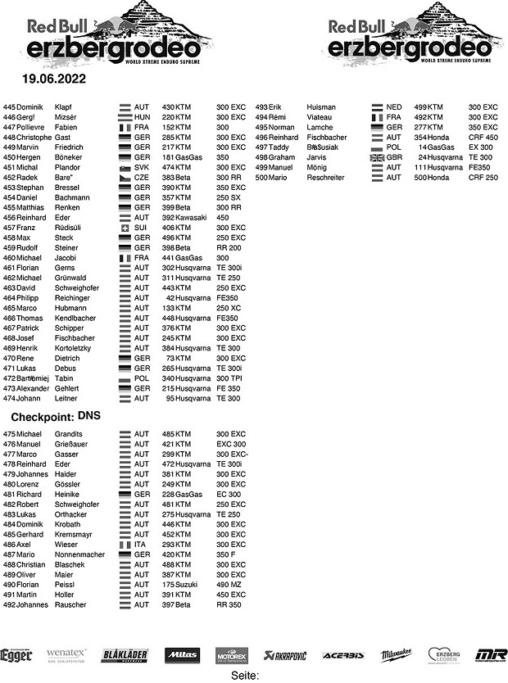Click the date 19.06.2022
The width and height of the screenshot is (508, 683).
54,80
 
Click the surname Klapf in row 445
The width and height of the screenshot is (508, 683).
64,107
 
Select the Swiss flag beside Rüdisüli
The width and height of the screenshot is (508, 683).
125,228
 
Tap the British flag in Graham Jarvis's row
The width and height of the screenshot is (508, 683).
377,157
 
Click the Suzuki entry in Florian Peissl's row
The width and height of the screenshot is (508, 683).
184,585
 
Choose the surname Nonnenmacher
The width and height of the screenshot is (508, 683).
79,554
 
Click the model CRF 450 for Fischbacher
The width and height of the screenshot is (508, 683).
483,138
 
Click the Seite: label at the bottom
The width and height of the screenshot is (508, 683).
245,676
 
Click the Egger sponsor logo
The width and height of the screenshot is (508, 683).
16,655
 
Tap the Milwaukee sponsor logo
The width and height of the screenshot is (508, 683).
397,655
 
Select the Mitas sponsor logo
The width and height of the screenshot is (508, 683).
182,655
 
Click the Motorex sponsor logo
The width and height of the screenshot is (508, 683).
232,655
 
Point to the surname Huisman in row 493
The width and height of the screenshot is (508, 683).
321,107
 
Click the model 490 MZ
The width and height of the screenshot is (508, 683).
230,585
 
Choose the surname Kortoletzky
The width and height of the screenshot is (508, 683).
76,348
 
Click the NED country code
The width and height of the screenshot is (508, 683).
394,107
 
